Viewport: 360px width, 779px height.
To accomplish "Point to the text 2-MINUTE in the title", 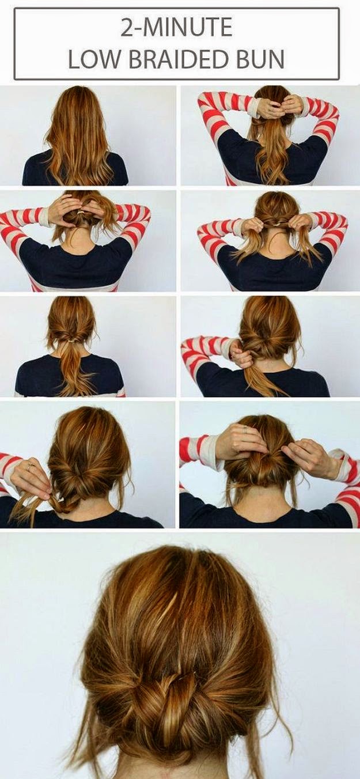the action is coord(176,28).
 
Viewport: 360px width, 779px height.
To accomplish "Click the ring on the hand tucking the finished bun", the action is coord(246,431).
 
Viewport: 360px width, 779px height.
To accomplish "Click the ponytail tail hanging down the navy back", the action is coord(75,369).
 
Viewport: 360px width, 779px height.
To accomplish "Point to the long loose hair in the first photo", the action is coord(79,135).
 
